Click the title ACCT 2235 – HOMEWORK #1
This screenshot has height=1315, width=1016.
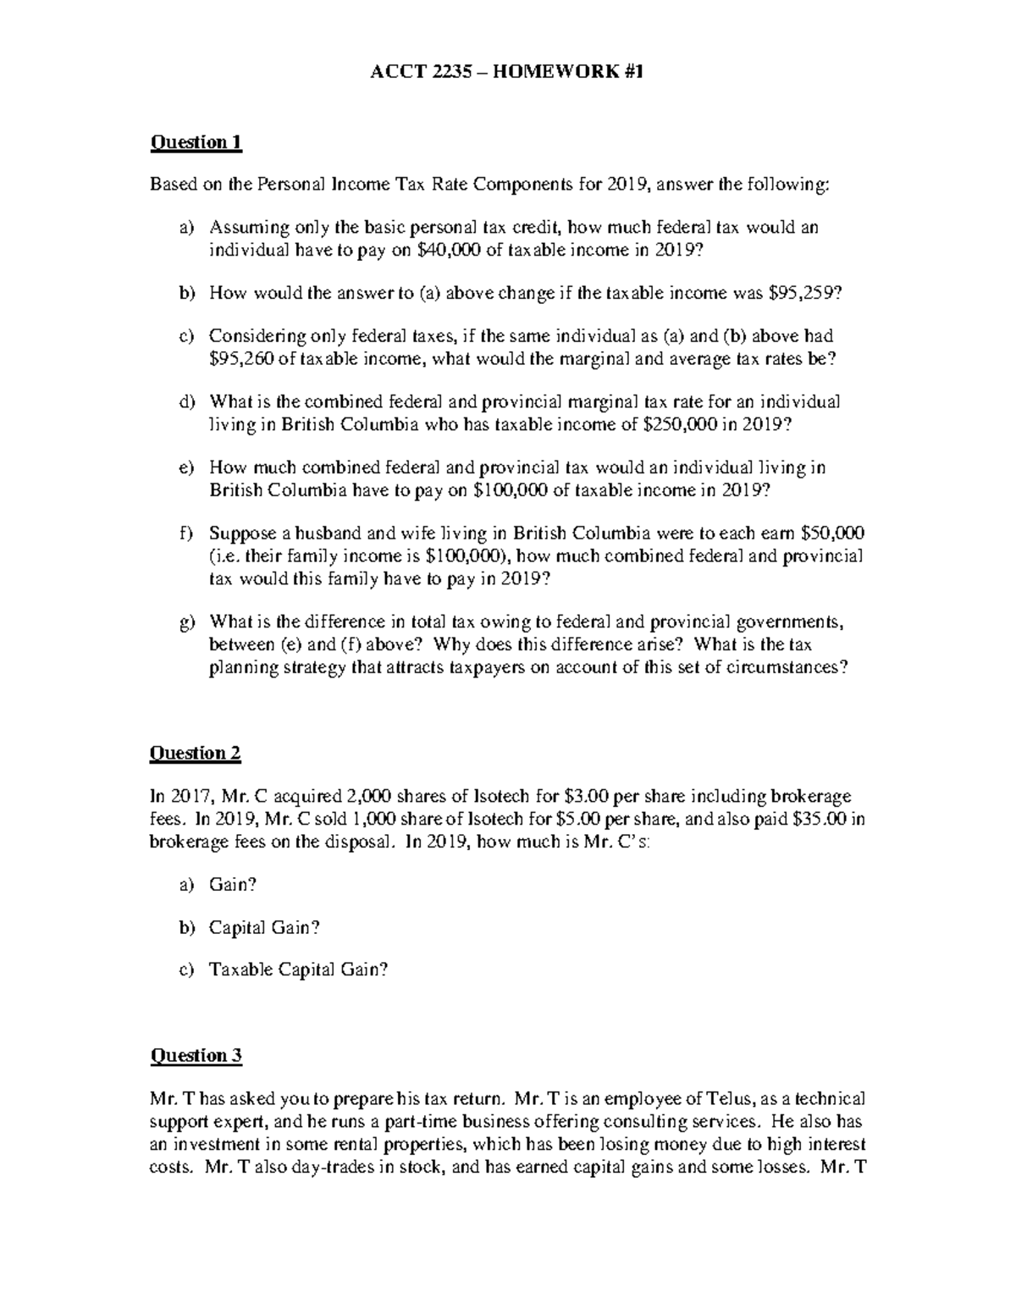tap(507, 73)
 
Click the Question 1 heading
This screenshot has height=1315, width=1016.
tap(196, 142)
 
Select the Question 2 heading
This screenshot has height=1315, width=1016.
tap(196, 754)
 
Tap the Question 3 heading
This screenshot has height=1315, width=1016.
tap(196, 1056)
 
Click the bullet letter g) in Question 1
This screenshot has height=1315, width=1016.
tap(186, 624)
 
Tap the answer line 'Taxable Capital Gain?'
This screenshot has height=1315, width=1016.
tap(298, 971)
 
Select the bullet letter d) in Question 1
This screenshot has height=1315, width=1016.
tap(186, 402)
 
